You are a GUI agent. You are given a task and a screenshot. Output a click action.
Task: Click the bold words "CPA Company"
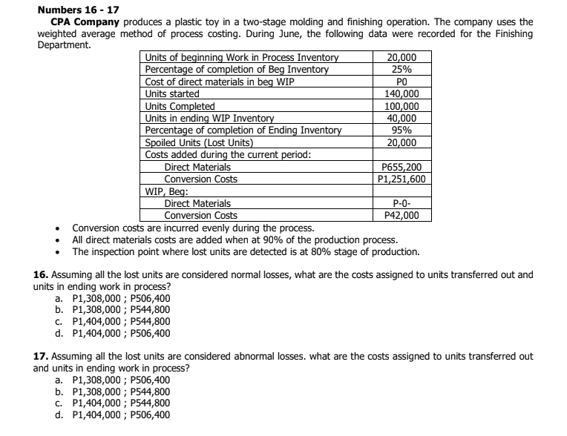click(x=81, y=23)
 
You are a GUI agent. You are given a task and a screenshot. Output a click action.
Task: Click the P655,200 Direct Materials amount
click(x=401, y=167)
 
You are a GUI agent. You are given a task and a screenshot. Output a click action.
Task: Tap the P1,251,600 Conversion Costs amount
click(x=401, y=179)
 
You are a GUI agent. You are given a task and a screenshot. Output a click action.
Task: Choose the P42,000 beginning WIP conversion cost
click(x=401, y=215)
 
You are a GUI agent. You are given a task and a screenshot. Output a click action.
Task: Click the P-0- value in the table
click(x=401, y=203)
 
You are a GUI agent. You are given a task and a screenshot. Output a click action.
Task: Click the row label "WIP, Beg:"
click(x=164, y=191)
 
